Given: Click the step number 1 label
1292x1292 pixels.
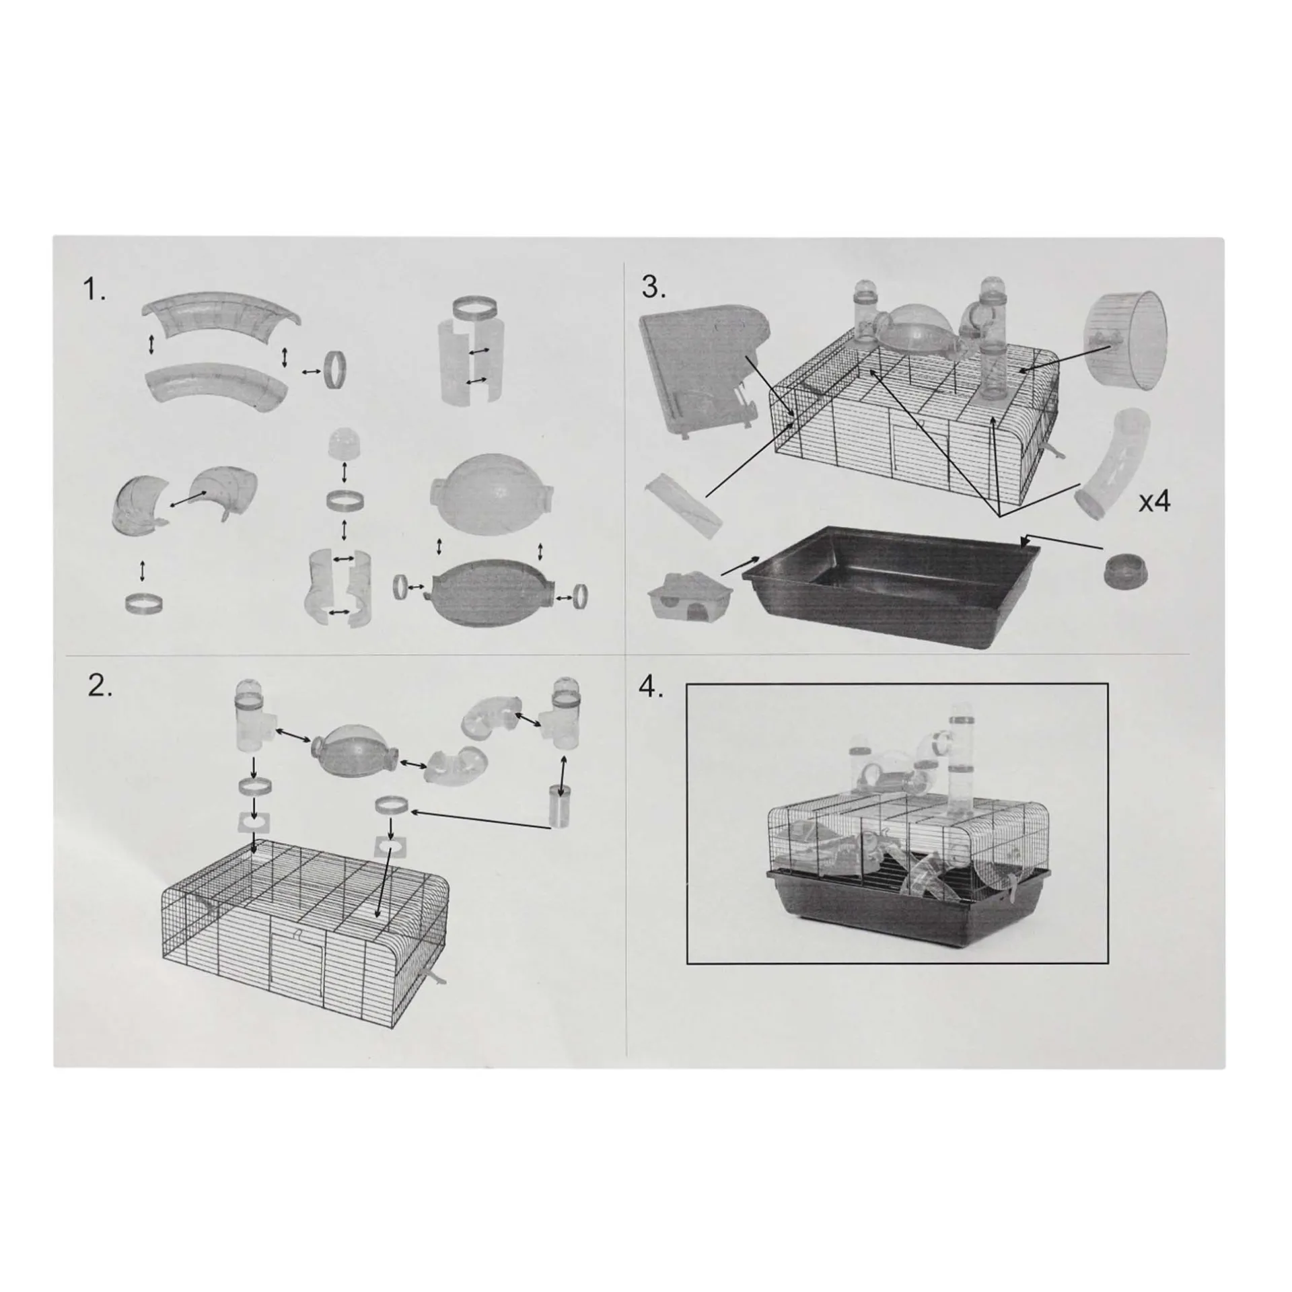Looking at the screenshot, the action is pyautogui.click(x=94, y=291).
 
